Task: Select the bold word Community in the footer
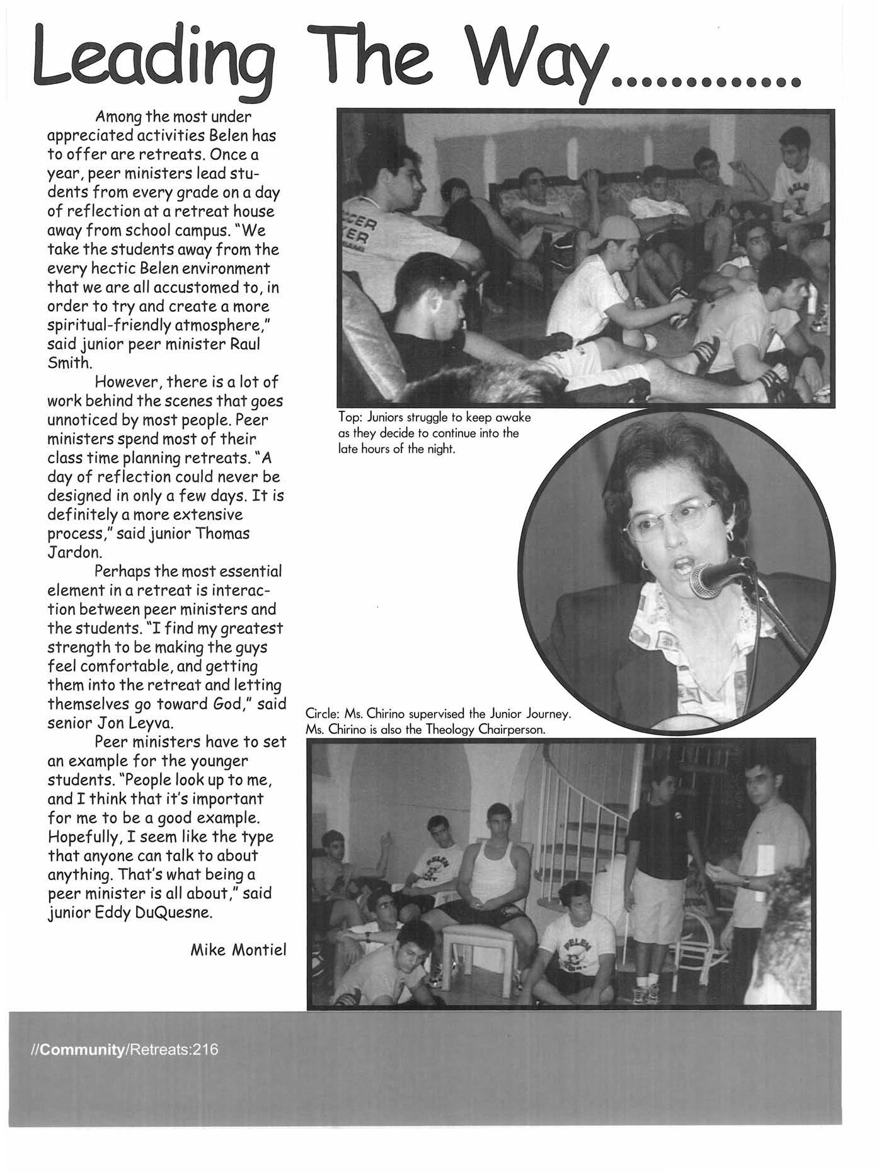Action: point(81,1050)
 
